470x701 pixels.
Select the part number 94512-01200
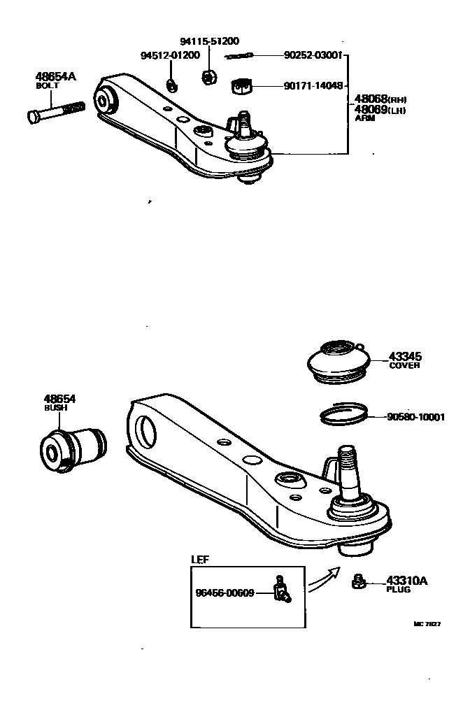pyautogui.click(x=170, y=55)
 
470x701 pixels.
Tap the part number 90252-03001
pyautogui.click(x=313, y=55)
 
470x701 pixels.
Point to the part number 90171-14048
pyautogui.click(x=313, y=86)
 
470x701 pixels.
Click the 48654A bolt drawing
pyautogui.click(x=57, y=112)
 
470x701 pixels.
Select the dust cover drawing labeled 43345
pyautogui.click(x=338, y=362)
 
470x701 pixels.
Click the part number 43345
pyautogui.click(x=406, y=356)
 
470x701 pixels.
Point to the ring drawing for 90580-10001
pyautogui.click(x=344, y=415)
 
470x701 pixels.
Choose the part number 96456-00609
pyautogui.click(x=225, y=593)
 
